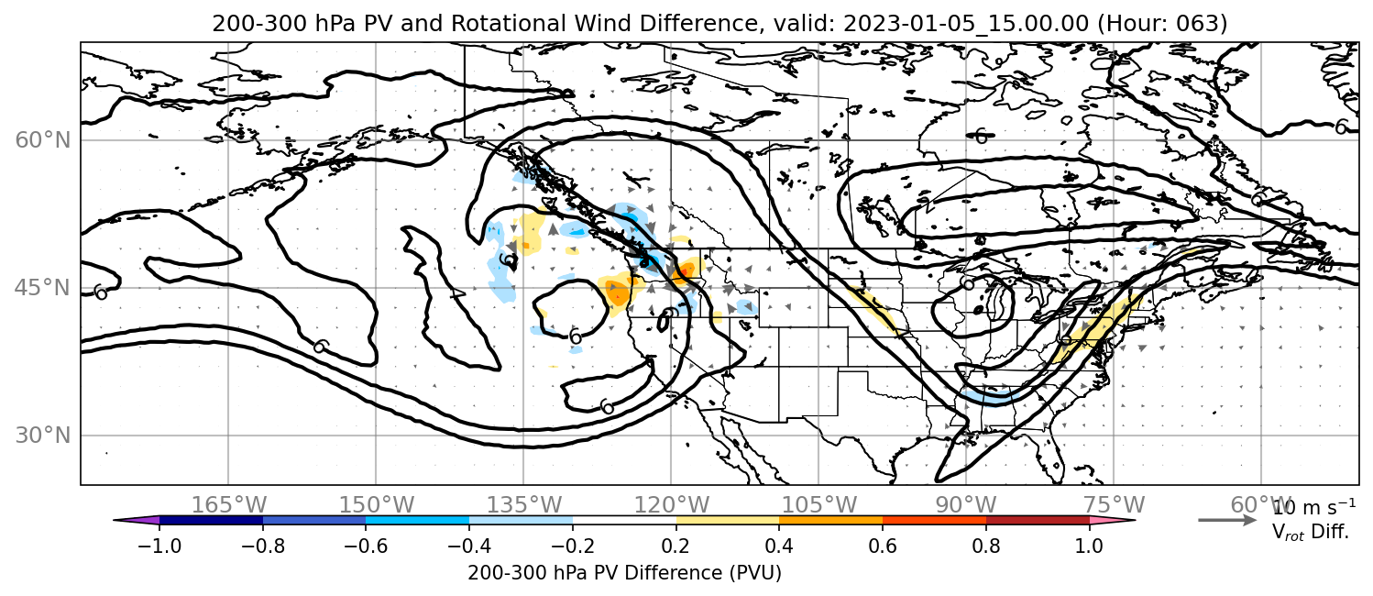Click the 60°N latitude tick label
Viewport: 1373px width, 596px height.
(x=43, y=140)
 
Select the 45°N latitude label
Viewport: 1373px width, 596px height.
(x=43, y=288)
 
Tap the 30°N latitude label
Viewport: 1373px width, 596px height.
(x=43, y=436)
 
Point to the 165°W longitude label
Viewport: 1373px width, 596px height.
(x=229, y=505)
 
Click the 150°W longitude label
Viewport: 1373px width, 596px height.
(x=377, y=505)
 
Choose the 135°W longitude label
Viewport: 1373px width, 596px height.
(x=524, y=505)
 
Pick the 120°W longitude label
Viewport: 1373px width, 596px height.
(x=672, y=505)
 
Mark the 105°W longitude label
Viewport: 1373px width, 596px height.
(x=818, y=505)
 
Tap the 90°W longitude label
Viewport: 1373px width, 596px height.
(x=966, y=505)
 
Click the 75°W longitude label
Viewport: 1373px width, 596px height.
(x=1114, y=505)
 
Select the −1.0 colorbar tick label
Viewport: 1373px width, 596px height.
(x=159, y=546)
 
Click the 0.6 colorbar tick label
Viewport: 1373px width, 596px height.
(x=883, y=546)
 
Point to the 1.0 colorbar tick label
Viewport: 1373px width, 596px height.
(x=1089, y=546)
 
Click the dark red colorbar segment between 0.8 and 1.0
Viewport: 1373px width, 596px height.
(x=1038, y=521)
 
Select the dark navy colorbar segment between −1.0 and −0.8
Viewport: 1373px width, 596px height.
(x=212, y=521)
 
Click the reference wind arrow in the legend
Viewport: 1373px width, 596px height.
(x=1227, y=521)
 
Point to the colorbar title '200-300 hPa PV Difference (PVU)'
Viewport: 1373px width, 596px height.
(x=624, y=573)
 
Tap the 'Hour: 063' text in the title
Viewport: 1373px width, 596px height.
(x=1163, y=23)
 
